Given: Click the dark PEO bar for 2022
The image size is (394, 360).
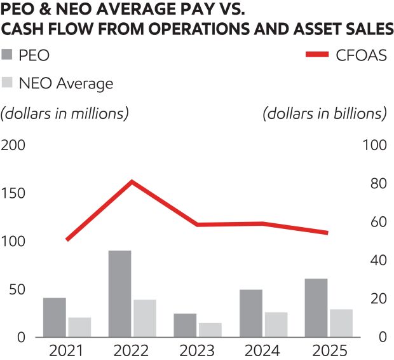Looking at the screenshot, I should (x=119, y=293).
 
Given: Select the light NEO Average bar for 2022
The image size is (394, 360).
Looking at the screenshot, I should (x=146, y=318).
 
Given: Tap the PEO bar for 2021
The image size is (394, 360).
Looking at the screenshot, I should (x=55, y=317).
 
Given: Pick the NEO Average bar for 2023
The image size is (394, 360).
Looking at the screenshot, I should (x=210, y=329).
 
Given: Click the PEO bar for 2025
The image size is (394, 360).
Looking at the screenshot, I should (x=316, y=307).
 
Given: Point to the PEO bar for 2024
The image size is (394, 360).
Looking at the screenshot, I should (x=251, y=313).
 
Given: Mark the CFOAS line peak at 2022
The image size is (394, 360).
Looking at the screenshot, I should (x=132, y=182).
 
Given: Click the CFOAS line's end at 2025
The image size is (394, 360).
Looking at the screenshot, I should (x=327, y=233).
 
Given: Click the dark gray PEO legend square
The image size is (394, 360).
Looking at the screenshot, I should (x=8, y=55).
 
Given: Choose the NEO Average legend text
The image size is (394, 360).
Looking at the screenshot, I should (x=70, y=83).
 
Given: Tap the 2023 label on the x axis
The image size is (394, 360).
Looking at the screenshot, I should (x=197, y=350).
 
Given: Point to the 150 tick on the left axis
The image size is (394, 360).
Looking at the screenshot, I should (x=13, y=193).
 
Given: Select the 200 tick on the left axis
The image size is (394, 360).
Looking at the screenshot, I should (x=13, y=145).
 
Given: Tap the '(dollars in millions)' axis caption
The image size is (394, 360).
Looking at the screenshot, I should (x=65, y=113).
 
